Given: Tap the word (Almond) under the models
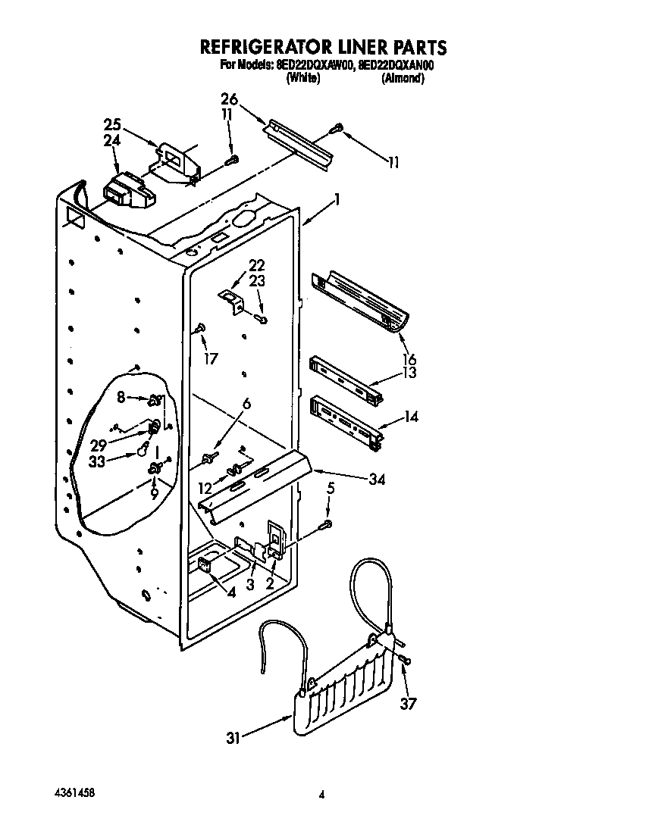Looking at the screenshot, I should click(402, 78).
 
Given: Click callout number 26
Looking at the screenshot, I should click(229, 98).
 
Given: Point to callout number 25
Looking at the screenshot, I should click(112, 124).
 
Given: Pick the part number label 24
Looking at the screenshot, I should click(112, 140).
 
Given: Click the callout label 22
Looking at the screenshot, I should click(257, 264).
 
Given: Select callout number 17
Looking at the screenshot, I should click(211, 358).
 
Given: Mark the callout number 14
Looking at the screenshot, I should click(411, 416).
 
